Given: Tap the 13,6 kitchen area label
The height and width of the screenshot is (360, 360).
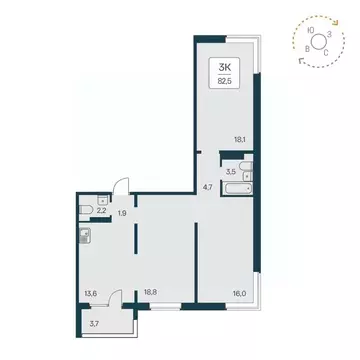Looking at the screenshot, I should pos(92,294).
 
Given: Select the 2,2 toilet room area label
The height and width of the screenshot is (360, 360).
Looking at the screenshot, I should pos(101,210).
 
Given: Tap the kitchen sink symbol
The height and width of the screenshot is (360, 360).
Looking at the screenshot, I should pos(85,236).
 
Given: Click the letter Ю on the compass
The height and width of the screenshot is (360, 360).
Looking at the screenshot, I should pos(311,31).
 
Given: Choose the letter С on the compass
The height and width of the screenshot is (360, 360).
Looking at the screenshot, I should pos(326,53).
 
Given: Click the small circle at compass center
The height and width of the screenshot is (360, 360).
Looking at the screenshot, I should pos(318,42).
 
